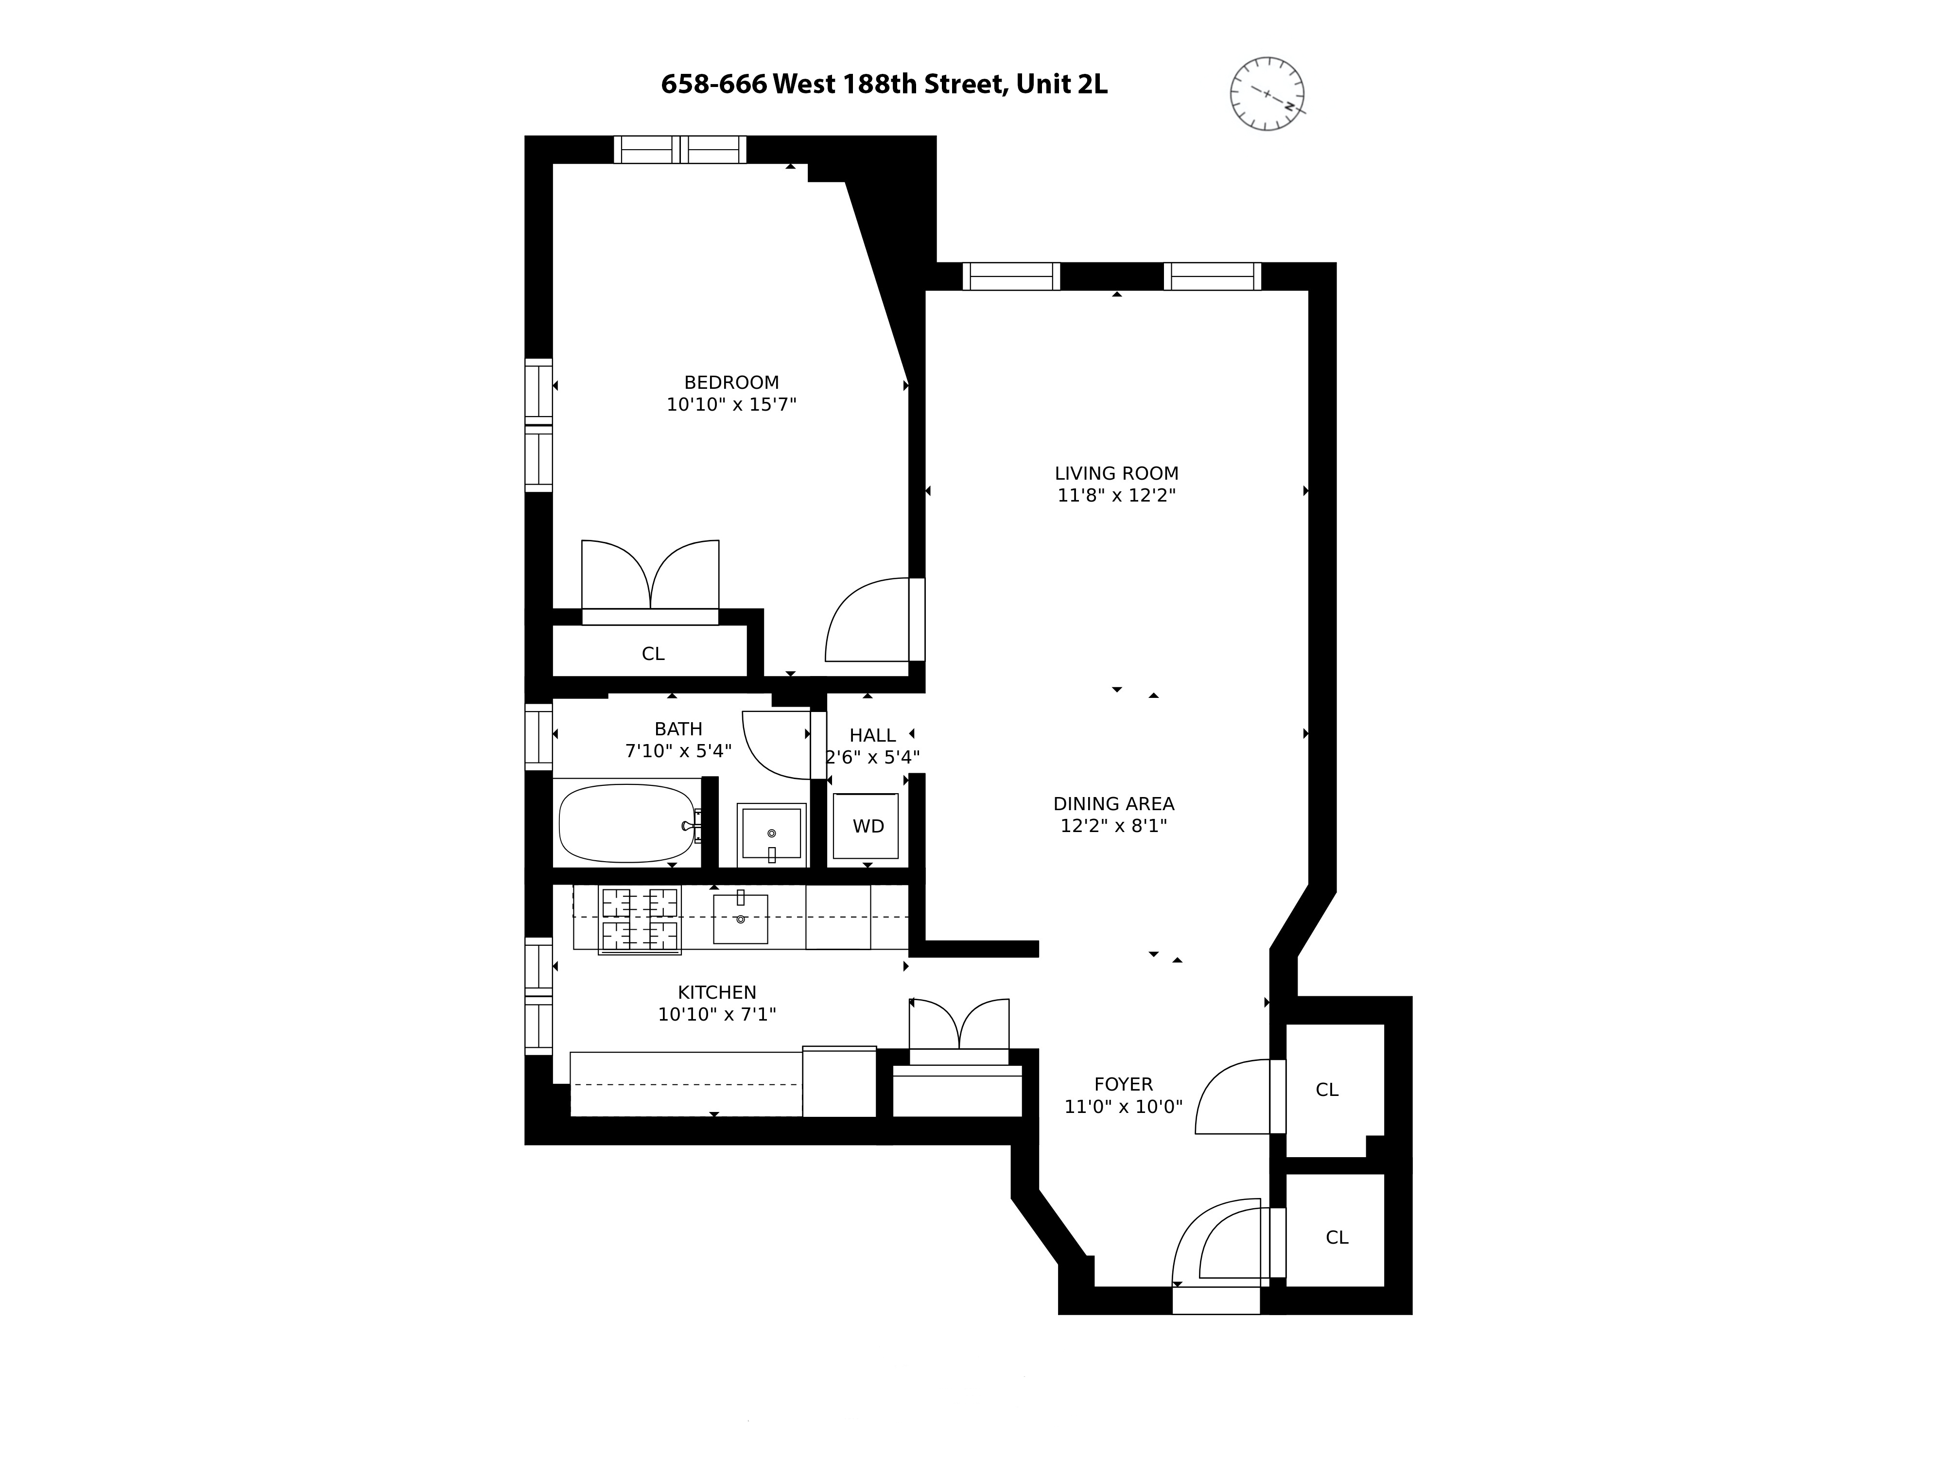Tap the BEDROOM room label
click(731, 382)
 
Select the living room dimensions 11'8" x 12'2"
click(1116, 495)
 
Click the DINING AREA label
click(1113, 803)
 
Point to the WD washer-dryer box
click(867, 826)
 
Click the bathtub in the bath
click(626, 823)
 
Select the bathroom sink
click(771, 832)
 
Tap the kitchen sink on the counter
click(740, 919)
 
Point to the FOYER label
click(1123, 1084)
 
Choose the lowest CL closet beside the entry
click(1336, 1237)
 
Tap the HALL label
click(872, 735)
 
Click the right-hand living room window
click(1212, 277)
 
